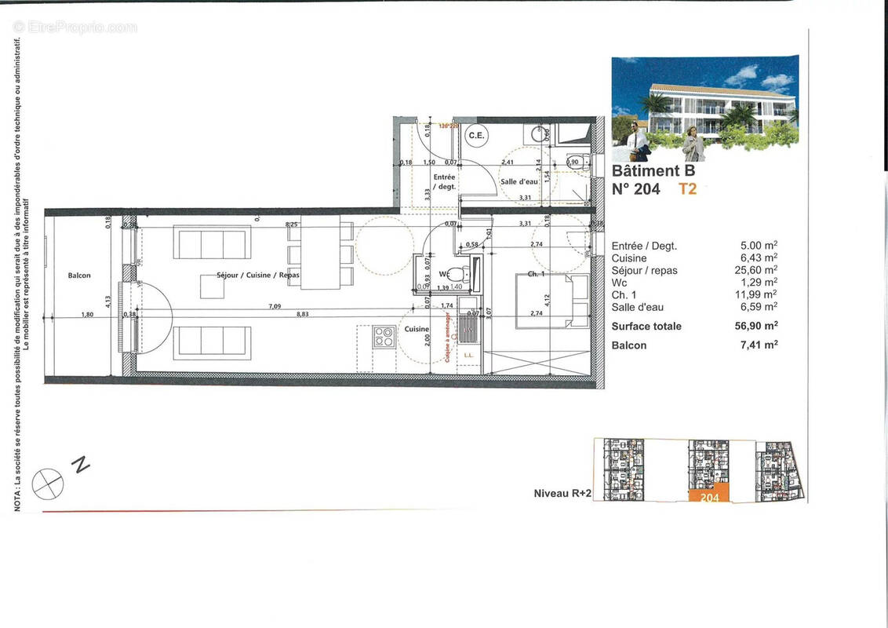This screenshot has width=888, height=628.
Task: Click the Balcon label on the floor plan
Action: (79, 276)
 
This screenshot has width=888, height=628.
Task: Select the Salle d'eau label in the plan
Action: (519, 181)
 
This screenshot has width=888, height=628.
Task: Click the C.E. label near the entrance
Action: (477, 136)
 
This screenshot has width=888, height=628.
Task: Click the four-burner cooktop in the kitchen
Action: (384, 337)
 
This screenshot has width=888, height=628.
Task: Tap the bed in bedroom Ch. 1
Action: (551, 301)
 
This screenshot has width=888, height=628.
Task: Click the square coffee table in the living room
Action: (212, 287)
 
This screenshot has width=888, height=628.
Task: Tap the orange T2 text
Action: (687, 188)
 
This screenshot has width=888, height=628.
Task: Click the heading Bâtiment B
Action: (653, 170)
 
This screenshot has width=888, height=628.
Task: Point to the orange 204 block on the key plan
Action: (709, 496)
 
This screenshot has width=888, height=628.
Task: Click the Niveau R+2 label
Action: (561, 494)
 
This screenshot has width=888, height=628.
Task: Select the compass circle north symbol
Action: (48, 482)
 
